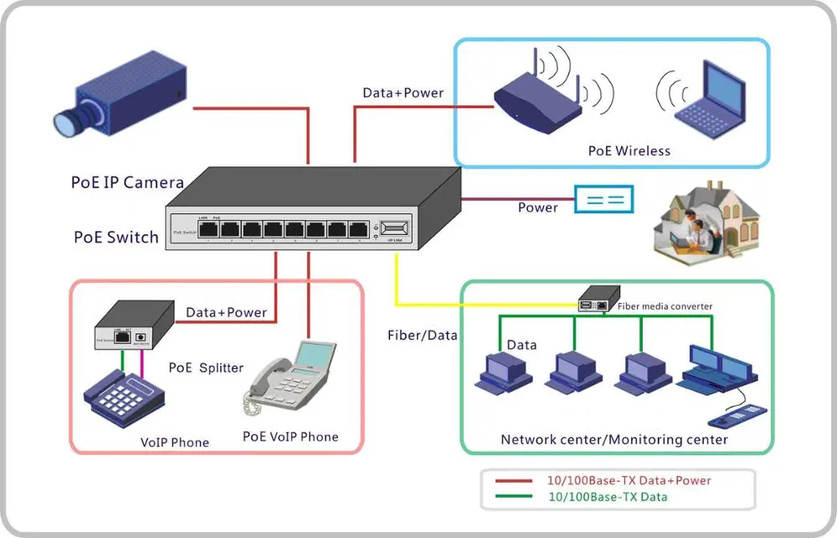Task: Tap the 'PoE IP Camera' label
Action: [127, 182]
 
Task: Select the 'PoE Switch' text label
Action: [116, 237]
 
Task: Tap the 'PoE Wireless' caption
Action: [629, 151]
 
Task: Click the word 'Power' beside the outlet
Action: [537, 208]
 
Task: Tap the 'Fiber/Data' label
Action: [422, 335]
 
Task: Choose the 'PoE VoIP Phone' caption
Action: [290, 437]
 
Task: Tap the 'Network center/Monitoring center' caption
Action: [614, 439]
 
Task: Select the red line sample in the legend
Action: [514, 481]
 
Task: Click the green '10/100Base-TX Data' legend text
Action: [608, 497]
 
